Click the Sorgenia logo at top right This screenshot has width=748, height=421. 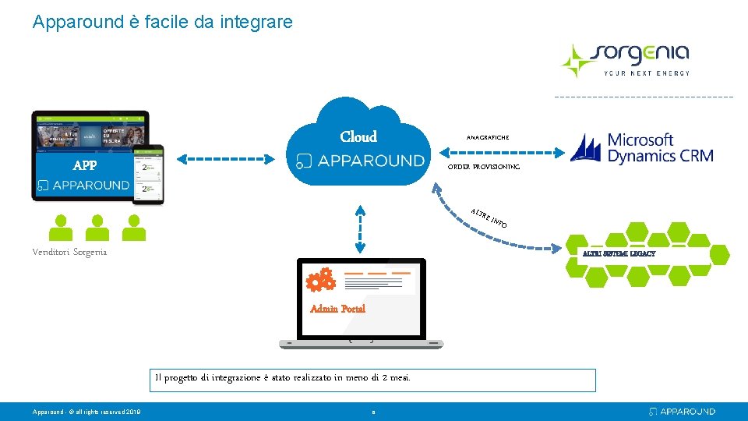625,59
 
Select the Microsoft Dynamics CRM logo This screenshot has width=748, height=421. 641,147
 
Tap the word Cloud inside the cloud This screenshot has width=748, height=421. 358,137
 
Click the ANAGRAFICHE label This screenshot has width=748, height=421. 488,138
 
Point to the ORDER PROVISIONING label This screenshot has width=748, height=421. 484,167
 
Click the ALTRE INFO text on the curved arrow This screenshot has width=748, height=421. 489,218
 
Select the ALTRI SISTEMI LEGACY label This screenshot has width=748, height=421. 619,253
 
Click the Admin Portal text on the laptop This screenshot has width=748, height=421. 337,309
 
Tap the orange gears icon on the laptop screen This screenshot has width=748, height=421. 320,280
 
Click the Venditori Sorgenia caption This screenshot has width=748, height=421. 70,252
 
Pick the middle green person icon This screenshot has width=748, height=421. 97,228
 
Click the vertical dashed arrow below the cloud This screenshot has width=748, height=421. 361,229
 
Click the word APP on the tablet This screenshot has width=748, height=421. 85,165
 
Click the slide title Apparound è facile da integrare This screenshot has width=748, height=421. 163,22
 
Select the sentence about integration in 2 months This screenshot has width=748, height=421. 283,378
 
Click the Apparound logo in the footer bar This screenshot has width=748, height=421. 682,411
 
